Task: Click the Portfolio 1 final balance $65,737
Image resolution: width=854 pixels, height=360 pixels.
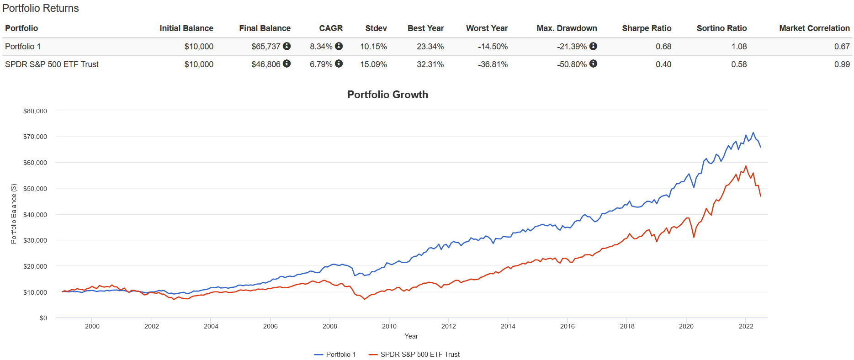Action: pos(265,47)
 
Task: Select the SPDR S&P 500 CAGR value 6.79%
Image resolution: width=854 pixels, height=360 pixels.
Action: pos(321,64)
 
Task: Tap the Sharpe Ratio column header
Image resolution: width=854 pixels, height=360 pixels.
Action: pos(646,28)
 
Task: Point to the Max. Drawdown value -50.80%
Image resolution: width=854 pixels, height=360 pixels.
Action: pos(571,64)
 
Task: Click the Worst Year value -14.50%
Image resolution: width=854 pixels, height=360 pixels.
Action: pos(493,47)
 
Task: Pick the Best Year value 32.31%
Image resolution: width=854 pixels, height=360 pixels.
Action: pos(430,64)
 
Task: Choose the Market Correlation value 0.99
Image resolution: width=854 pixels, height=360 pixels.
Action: pos(842,64)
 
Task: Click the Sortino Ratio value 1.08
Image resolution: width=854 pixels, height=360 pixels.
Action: pos(739,47)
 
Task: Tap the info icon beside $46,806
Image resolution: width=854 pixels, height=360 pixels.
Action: pos(286,64)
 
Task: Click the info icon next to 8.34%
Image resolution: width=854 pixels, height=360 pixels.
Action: pos(339,46)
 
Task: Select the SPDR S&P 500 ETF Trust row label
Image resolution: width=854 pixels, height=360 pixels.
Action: pos(52,64)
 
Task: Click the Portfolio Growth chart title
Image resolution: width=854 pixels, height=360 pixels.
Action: pos(387,95)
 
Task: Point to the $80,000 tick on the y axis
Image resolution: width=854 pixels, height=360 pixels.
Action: pos(35,111)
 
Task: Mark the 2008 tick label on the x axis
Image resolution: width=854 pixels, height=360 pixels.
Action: pos(329,326)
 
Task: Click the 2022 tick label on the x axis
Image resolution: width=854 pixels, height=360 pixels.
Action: pos(746,326)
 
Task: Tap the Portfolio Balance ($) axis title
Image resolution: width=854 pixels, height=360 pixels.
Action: pos(14,213)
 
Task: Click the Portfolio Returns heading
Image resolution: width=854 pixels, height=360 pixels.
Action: pos(41,8)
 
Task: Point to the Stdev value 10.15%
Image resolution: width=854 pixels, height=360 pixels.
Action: pos(373,47)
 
